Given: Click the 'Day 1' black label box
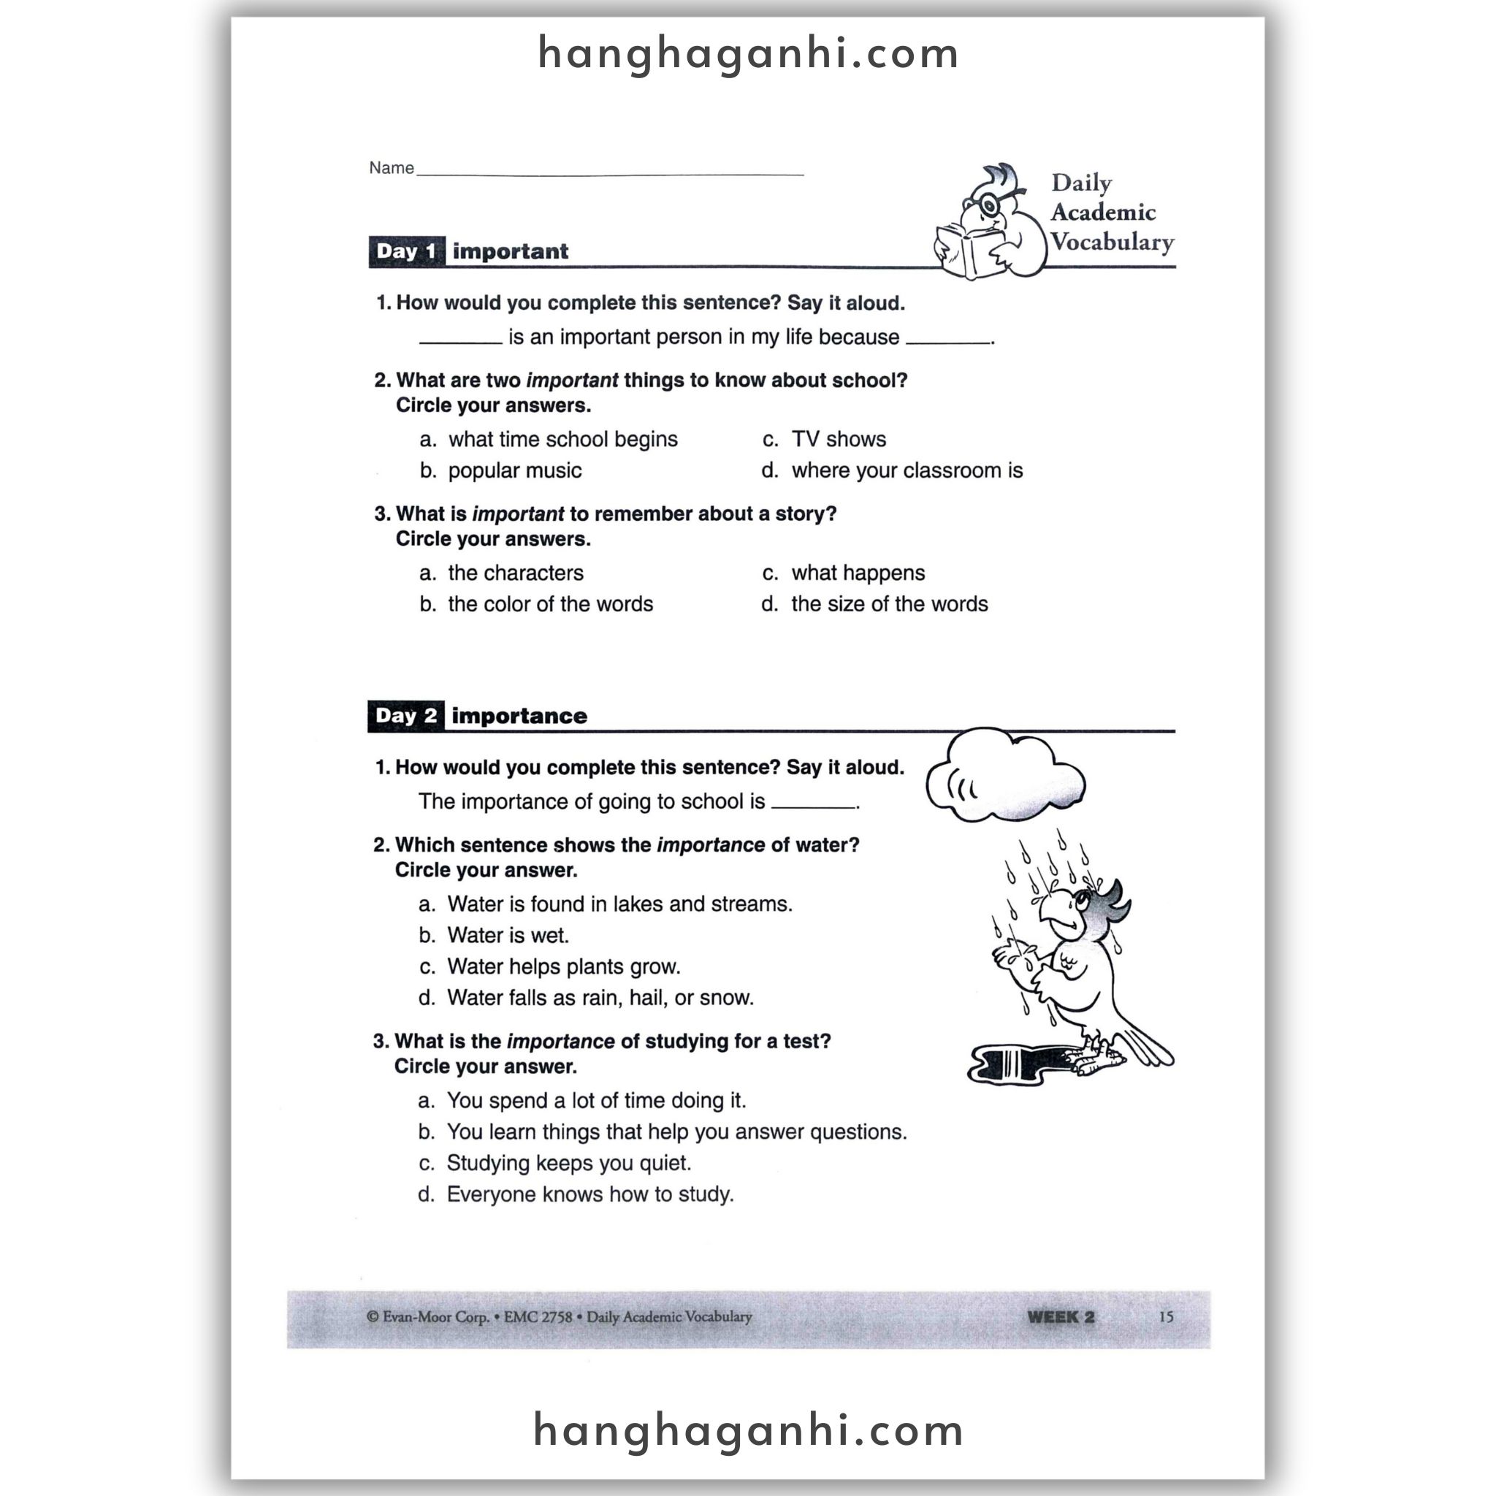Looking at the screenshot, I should pos(407,252).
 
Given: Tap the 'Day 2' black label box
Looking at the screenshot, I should pos(405,717).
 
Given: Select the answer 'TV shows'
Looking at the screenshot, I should pos(839,440).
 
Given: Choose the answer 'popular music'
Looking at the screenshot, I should pos(514,471).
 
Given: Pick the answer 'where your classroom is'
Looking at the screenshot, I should pos(907,471).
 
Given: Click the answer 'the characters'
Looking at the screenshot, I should pos(515,573).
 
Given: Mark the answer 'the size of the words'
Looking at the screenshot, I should pos(889,604).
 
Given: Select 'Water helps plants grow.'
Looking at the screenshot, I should pos(563,966).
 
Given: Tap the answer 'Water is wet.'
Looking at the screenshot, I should pos(507,936).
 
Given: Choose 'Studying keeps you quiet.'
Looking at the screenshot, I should pos(568,1163).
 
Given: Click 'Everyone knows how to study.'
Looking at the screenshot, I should pos(589,1194).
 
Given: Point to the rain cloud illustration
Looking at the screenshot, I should pos(1004,776).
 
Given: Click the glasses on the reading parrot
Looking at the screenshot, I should pos(989,205).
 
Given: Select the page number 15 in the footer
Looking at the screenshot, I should pos(1166,1317).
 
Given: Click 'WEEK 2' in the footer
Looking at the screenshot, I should pos(1061,1317).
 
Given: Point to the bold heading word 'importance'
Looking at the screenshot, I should pos(519,717).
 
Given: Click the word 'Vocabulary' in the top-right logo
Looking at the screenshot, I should pos(1112,243).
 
